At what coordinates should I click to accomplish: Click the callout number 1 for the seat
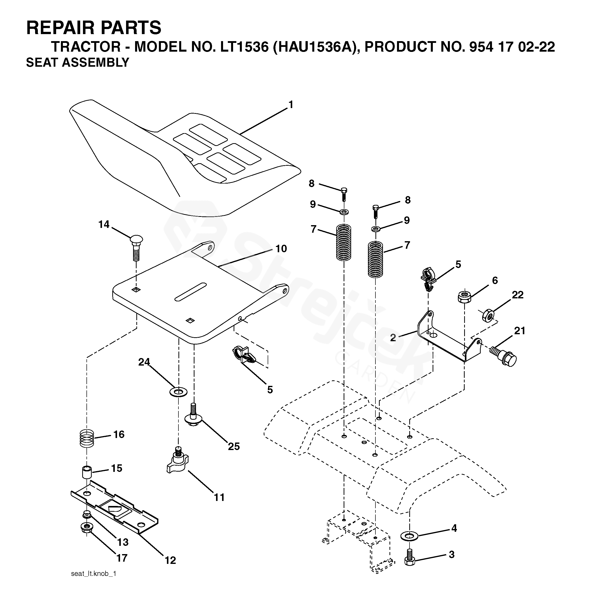[x=291, y=105]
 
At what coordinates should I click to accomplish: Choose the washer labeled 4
[x=409, y=536]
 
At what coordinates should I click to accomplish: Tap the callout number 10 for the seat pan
[x=281, y=249]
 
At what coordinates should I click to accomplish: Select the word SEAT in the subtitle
[x=42, y=63]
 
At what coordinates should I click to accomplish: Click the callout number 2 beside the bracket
[x=393, y=337]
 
